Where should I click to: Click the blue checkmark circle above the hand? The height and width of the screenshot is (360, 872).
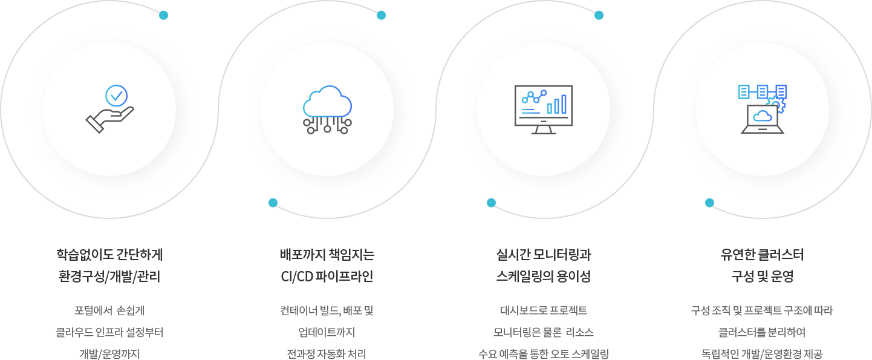click(x=116, y=95)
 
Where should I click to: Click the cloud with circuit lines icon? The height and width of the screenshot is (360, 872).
click(x=327, y=109)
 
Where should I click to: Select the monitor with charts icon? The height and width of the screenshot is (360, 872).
click(x=543, y=109)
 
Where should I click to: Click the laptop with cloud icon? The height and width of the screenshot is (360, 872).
click(x=762, y=119)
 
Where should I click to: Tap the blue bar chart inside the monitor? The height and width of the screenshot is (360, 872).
click(x=557, y=105)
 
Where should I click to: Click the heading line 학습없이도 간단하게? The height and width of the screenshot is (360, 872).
click(x=109, y=254)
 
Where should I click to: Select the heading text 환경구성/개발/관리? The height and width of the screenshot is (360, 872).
click(x=109, y=277)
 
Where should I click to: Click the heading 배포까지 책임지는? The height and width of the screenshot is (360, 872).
click(x=327, y=254)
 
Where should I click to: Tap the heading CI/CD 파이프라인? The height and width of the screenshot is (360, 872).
click(x=327, y=277)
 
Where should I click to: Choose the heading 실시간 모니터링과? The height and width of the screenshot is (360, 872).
click(x=543, y=254)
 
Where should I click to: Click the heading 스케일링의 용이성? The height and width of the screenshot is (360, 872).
click(x=543, y=277)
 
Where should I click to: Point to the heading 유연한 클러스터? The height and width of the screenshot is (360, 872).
click(x=762, y=254)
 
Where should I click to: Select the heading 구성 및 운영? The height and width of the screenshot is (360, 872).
click(x=762, y=277)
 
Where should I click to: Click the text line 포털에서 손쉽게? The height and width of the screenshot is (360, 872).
click(x=109, y=311)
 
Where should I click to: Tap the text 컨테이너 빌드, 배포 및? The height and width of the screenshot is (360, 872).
click(x=327, y=311)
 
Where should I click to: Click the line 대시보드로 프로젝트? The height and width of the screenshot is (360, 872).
click(x=543, y=311)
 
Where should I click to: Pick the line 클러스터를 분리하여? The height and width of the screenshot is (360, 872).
click(x=762, y=333)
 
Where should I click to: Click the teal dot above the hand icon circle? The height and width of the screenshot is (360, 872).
click(x=163, y=15)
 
